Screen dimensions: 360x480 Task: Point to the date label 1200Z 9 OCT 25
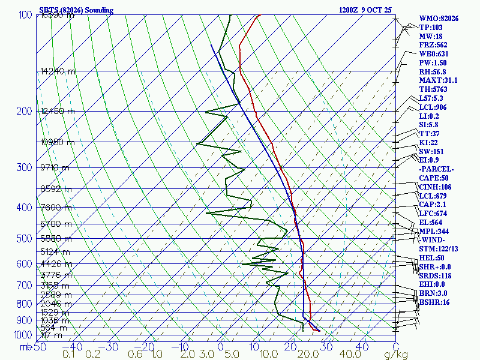point(365,10)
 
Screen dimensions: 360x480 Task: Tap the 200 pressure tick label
point(25,112)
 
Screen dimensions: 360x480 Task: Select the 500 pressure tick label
point(25,239)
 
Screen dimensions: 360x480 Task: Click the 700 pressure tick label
point(25,286)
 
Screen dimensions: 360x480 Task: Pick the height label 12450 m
point(57,111)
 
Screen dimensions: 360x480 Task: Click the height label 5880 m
point(55,238)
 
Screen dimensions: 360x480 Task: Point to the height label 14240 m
point(58,71)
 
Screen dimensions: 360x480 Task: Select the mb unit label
point(25,347)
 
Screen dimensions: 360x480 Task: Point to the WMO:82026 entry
point(439,19)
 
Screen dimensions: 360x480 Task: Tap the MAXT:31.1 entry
point(438,80)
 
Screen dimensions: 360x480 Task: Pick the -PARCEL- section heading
point(436,169)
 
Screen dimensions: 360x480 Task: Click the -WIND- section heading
point(434,240)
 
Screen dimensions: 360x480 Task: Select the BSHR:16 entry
point(435,302)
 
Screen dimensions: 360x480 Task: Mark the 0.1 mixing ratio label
point(69,354)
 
